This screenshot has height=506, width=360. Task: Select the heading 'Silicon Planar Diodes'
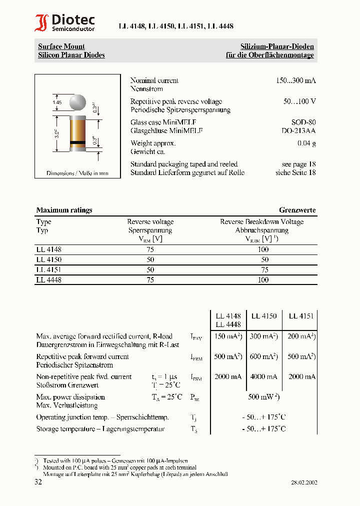(71, 55)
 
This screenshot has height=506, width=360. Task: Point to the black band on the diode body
(77, 142)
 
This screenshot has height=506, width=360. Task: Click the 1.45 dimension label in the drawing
(56, 102)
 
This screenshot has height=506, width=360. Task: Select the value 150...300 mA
(295, 80)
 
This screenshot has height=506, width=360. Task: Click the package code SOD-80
(303, 122)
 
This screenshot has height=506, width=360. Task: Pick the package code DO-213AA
(298, 131)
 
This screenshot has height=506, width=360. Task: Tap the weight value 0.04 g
(306, 143)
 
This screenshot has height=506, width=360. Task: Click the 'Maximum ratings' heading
(64, 210)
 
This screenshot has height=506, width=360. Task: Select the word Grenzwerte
(297, 210)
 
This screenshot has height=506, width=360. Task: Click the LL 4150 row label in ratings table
(49, 259)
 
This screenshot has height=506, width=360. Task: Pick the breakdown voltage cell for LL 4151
(264, 269)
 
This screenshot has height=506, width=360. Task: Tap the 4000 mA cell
(263, 376)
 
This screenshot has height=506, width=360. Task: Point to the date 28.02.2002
(304, 482)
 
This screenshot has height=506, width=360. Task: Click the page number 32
(38, 482)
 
